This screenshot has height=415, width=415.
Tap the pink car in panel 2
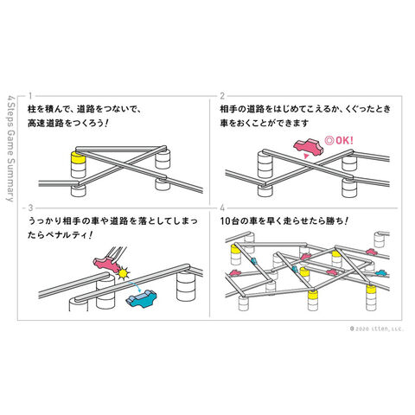(x=309, y=146)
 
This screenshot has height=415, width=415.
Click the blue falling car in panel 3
(x=141, y=298)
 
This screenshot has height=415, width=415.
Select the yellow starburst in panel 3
(x=123, y=273)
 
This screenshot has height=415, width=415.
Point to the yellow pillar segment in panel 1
(x=78, y=157)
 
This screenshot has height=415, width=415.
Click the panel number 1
(x=30, y=96)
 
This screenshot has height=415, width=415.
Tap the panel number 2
(x=222, y=96)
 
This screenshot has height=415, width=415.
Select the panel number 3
(x=30, y=207)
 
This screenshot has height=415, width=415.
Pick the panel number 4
(x=222, y=207)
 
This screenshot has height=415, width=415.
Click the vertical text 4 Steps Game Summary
(x=10, y=148)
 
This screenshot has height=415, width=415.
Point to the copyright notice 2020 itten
(x=377, y=329)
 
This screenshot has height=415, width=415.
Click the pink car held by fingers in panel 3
(x=105, y=265)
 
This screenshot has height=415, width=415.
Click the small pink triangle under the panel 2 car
(x=307, y=156)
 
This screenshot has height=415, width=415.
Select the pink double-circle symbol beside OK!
(x=329, y=140)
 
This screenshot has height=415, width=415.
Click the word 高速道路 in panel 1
(x=46, y=123)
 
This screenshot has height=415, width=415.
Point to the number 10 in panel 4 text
(x=226, y=221)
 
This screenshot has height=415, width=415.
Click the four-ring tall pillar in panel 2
(x=265, y=164)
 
